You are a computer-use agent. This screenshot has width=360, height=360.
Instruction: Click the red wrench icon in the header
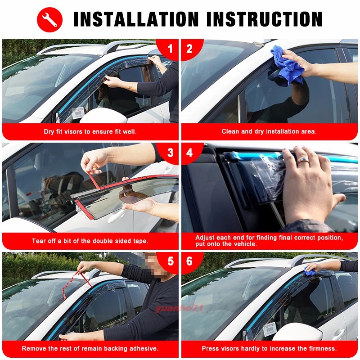tap(49, 19)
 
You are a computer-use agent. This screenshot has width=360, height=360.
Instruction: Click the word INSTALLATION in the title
tap(136, 19)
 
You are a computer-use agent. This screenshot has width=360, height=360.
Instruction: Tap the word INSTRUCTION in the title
tap(265, 19)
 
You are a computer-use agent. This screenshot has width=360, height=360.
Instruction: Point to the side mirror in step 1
tap(103, 116)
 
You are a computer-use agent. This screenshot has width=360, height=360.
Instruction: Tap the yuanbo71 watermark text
tap(179, 308)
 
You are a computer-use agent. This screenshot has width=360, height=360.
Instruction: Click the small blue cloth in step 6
tap(310, 272)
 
